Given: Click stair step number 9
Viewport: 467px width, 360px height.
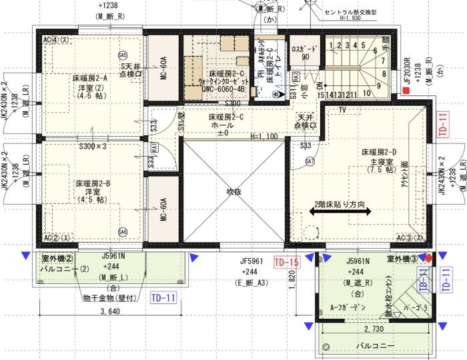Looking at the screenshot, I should tap(378, 85).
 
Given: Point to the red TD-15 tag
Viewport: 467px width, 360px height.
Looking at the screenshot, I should tap(286, 262).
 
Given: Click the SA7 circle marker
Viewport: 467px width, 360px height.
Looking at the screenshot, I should tap(310, 161).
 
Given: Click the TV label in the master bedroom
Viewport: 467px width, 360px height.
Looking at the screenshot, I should tap(342, 109).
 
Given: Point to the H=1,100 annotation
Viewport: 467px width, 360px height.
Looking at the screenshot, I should tap(264, 137).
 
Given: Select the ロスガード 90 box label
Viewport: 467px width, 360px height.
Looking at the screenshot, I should tap(306, 53).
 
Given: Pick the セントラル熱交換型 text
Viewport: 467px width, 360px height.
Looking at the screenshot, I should tap(350, 12).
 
